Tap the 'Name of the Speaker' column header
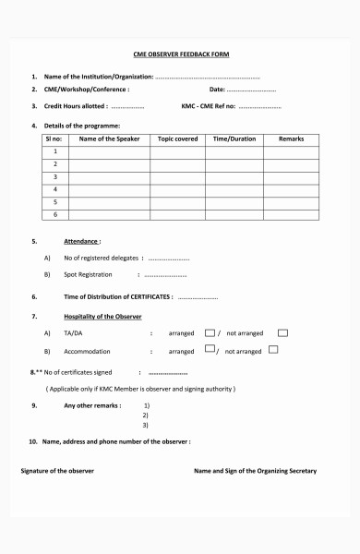[x=109, y=138]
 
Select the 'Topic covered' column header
[x=177, y=138]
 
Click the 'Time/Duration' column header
[x=234, y=138]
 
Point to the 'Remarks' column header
[x=291, y=138]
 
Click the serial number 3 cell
[x=55, y=176]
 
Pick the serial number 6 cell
[x=55, y=214]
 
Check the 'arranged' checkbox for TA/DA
[x=210, y=332]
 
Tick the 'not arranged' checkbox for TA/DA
[x=283, y=332]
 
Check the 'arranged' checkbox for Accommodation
[x=210, y=350]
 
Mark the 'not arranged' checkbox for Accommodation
[x=274, y=350]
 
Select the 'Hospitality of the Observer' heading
[x=102, y=316]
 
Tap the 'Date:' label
[x=217, y=90]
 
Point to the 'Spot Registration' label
[x=88, y=274]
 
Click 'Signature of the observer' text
[x=57, y=471]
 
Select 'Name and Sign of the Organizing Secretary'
[x=255, y=471]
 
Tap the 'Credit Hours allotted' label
[x=76, y=107]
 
